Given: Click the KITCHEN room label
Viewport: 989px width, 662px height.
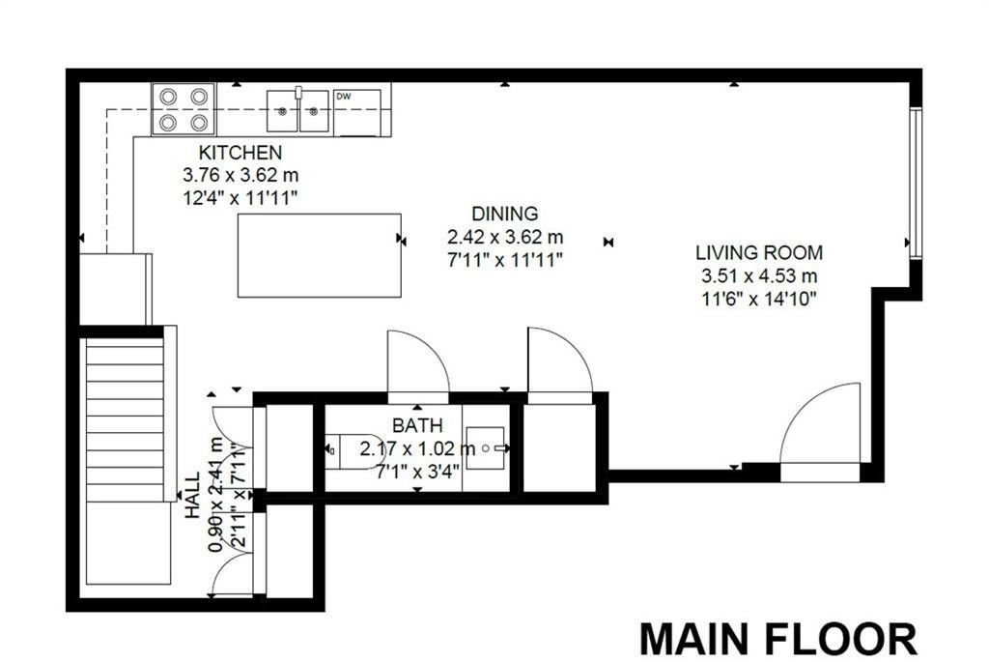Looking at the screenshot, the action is coord(240,152).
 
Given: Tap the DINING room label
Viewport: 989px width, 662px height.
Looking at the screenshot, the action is coord(504,214).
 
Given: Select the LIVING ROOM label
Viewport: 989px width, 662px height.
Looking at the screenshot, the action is coord(759,252).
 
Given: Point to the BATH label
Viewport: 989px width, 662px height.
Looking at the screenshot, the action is coord(417,425).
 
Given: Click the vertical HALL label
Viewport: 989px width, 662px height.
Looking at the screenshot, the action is coord(192,496).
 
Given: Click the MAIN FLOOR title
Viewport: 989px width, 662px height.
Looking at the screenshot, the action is coord(778,639).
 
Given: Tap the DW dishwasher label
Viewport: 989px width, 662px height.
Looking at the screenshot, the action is coord(343,97).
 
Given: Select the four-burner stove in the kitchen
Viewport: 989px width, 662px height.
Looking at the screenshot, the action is coord(184,109).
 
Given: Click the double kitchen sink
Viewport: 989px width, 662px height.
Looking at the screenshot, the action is coord(298,111).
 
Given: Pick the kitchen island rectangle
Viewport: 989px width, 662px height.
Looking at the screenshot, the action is coord(319,255).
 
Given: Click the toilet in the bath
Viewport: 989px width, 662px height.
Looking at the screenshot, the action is coord(352,450).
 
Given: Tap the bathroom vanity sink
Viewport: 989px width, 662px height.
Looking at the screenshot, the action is coord(486,448).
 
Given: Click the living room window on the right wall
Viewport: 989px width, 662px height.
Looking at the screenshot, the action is coord(916,183).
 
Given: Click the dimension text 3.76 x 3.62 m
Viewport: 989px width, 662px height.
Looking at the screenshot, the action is coord(240,175).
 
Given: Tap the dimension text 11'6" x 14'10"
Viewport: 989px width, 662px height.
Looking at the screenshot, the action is coord(759,299).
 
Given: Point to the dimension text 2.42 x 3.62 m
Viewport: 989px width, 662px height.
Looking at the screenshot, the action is coord(504,237).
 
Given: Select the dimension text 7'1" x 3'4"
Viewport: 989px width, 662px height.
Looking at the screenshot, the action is coord(417,472).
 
